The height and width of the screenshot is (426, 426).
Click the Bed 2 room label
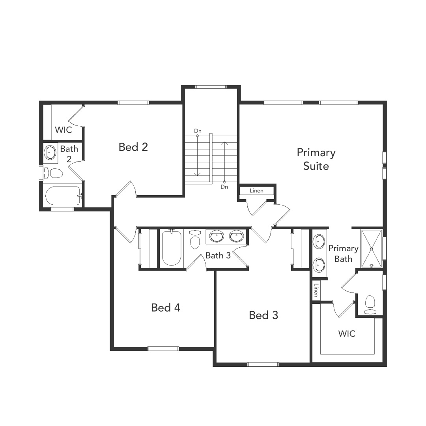(133, 147)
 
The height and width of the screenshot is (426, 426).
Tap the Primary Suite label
(316, 159)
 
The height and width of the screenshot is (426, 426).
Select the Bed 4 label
(166, 308)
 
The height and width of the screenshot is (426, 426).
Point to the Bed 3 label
(263, 315)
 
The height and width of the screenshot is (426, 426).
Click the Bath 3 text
(218, 256)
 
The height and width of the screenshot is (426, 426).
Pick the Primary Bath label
(343, 254)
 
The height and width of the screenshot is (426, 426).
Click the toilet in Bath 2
(54, 173)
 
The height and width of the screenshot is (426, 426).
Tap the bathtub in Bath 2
(63, 196)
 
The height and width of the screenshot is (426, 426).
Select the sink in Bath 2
(50, 152)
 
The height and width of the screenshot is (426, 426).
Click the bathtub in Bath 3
(172, 248)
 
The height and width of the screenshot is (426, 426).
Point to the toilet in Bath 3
(195, 240)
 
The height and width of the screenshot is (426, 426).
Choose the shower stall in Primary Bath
(372, 248)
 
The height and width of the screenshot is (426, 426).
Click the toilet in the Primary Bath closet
(370, 304)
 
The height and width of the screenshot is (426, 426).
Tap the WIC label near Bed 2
(64, 130)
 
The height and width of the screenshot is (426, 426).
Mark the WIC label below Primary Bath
(347, 334)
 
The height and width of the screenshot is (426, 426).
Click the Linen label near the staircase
(256, 191)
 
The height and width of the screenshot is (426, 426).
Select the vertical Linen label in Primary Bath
(316, 290)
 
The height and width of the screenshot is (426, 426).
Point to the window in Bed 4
(163, 348)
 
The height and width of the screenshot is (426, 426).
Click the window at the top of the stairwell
(211, 87)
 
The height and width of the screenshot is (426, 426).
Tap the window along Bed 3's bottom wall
(263, 364)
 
